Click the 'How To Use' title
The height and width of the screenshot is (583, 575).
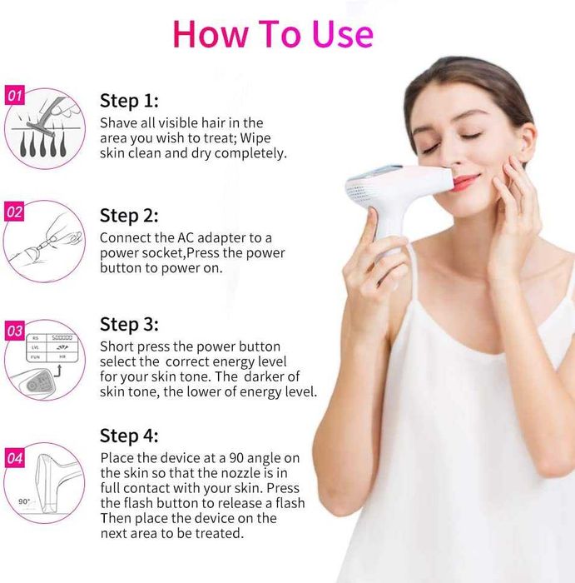pos(273,33)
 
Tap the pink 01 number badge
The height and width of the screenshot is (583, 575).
pos(15,96)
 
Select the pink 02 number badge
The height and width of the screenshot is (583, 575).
pos(15,212)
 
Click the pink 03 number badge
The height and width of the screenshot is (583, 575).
pos(15,331)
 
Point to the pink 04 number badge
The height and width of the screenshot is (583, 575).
pos(15,457)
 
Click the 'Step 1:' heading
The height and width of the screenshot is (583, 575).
pos(129,101)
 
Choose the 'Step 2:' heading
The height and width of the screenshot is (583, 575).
pos(129,215)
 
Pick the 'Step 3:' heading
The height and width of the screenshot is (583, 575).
pos(129,323)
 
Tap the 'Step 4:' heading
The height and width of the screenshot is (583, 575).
pos(129,436)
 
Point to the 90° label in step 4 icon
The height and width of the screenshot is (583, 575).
pos(24,501)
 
